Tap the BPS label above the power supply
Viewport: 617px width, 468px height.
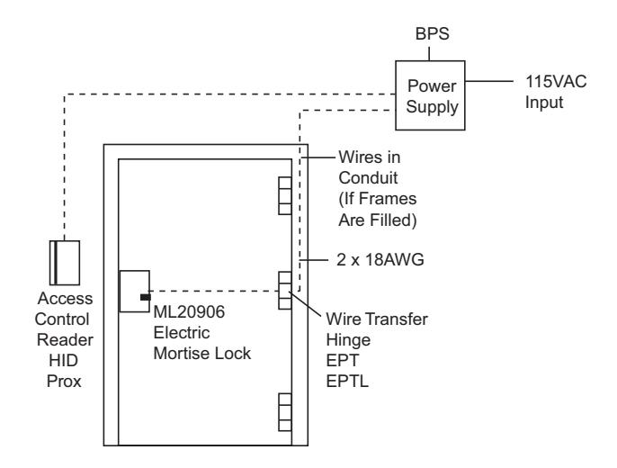(432, 34)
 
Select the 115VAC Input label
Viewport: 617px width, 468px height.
(555, 92)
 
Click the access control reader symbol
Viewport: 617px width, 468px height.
(65, 263)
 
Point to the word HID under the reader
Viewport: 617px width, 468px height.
(63, 360)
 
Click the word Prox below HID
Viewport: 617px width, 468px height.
(64, 381)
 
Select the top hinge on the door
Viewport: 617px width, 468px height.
(285, 195)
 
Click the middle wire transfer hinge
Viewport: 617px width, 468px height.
(285, 290)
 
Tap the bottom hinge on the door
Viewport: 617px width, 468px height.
(285, 412)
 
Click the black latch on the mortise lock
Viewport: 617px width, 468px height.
(145, 297)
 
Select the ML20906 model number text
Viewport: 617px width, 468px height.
(189, 311)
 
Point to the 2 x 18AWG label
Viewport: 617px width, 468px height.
(380, 260)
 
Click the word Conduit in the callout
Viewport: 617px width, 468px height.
(368, 178)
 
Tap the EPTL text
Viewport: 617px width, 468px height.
(347, 381)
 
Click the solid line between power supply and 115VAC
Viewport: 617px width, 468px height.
(489, 82)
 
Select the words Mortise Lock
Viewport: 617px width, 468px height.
(201, 353)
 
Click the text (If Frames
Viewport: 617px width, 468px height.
(378, 199)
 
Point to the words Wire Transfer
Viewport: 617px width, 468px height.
(377, 319)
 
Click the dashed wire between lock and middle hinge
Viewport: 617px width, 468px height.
(214, 291)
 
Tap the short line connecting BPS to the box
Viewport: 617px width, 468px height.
(429, 53)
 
